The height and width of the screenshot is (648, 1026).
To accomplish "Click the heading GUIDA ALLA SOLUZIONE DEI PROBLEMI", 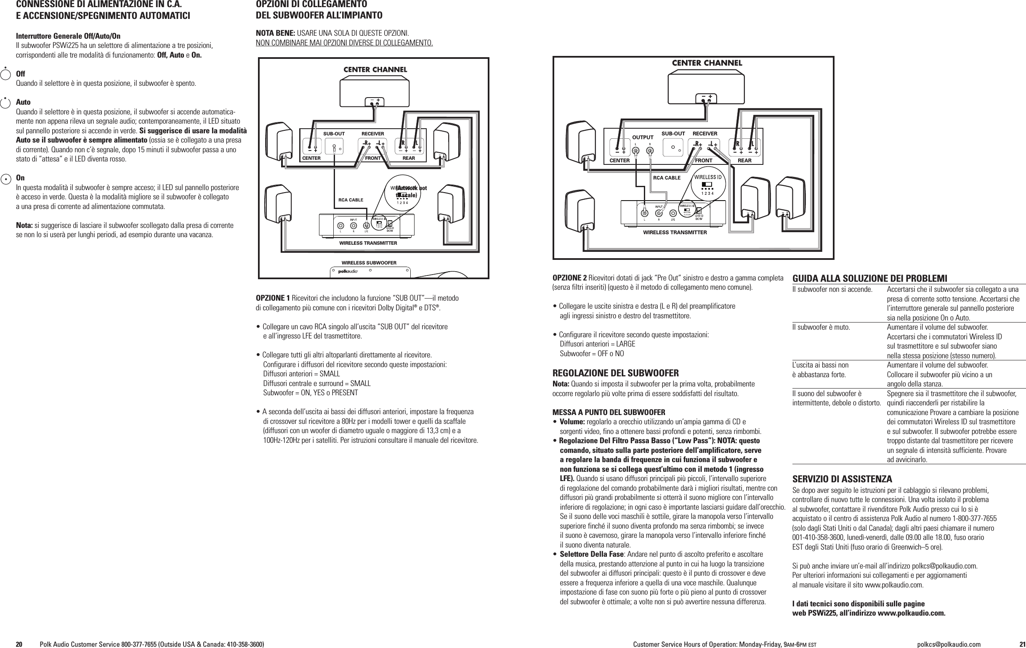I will click(869, 279).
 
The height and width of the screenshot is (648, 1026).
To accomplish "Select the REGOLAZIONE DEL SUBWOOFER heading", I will click(615, 373).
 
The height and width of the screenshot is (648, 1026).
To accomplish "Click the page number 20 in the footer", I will click(19, 644).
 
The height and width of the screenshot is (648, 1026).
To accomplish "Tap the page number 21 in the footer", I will click(1019, 644).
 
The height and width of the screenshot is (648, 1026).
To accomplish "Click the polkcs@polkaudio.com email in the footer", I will click(949, 644).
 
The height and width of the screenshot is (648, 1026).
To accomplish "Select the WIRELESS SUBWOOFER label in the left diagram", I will click(369, 263).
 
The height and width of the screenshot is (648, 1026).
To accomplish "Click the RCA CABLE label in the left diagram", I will click(351, 200).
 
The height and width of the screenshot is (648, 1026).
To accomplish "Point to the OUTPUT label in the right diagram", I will click(643, 138).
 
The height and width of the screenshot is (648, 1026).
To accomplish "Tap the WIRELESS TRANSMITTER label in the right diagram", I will click(675, 233).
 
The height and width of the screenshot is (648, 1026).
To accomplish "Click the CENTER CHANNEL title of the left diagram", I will click(375, 69).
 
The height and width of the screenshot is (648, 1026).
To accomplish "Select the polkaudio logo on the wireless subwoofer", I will click(348, 271).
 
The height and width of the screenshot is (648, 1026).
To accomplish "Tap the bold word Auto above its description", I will click(23, 102).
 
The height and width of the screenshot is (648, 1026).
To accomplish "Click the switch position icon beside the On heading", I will click(5, 179).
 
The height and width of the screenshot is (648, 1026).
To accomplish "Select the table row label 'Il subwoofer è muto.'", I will click(821, 328).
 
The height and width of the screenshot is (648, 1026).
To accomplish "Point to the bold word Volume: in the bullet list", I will click(572, 422).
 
